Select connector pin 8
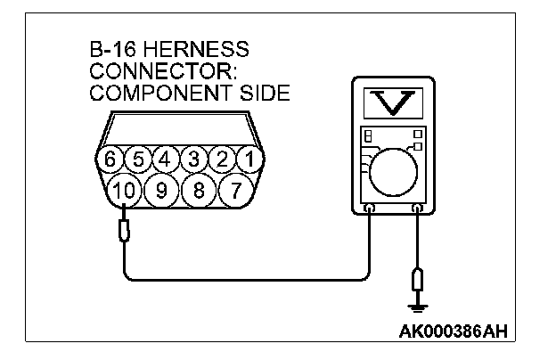(x=200, y=189)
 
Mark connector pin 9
(x=162, y=189)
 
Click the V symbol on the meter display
(x=394, y=103)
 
